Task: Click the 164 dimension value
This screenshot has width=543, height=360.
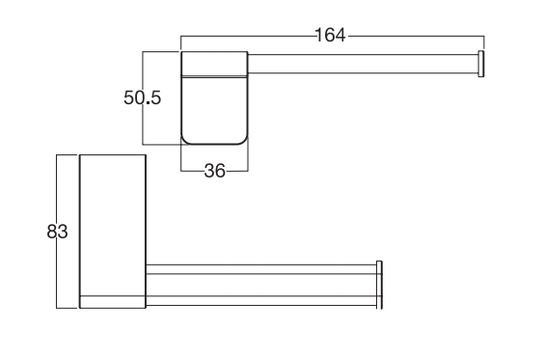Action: point(331,36)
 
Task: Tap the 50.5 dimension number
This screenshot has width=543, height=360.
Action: point(143,97)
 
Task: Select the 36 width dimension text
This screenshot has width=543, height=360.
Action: point(215,171)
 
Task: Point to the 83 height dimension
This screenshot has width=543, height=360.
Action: point(57,232)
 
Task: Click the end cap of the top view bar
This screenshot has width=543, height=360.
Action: point(481,64)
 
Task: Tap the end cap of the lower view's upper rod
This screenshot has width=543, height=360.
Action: point(379,269)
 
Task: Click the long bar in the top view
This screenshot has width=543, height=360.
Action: point(363,64)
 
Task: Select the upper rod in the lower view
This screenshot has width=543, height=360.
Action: point(261,269)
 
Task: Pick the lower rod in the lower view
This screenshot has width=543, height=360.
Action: point(261,301)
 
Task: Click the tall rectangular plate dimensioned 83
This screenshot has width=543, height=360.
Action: point(113,232)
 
